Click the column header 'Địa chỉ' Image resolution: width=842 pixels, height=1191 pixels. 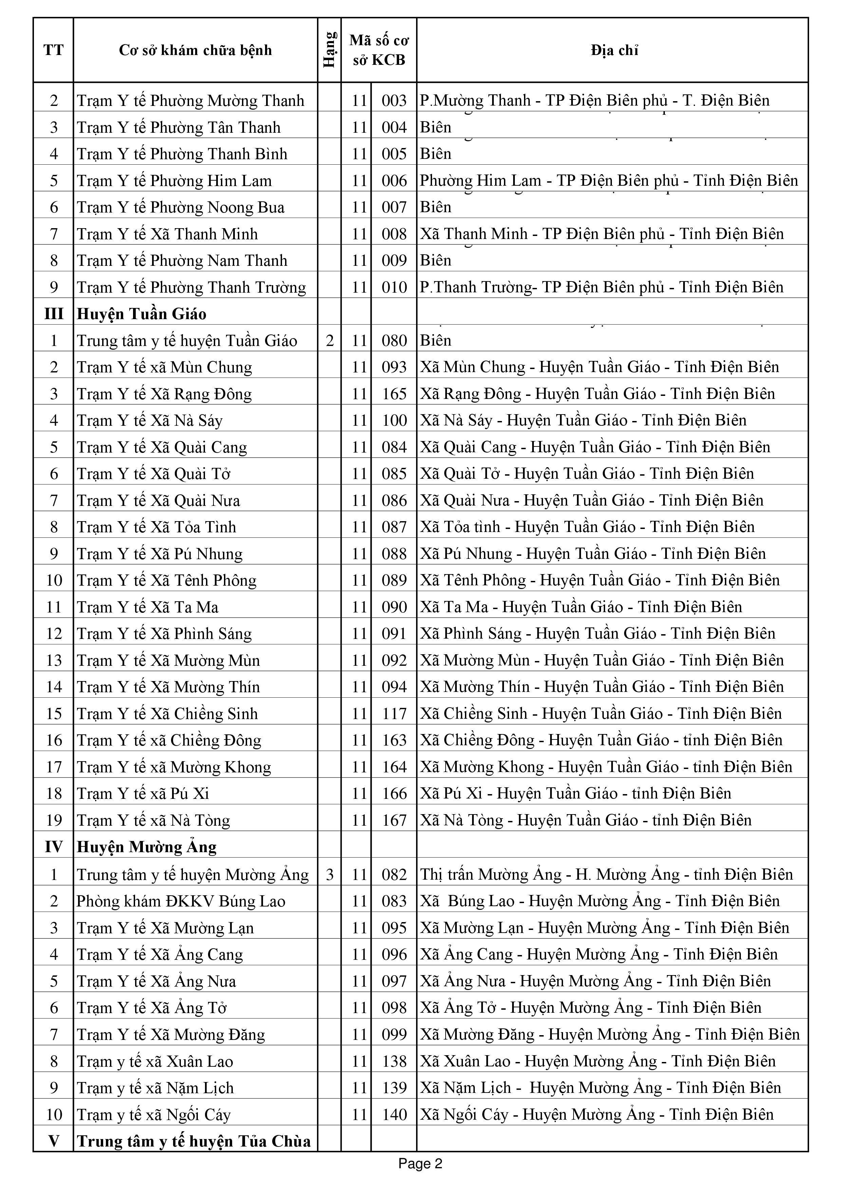(x=614, y=50)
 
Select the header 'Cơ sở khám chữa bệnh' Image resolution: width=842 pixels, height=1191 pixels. (x=195, y=50)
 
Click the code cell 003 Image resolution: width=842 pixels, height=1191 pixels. (x=394, y=100)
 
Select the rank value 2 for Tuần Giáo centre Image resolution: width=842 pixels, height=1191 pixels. (x=330, y=341)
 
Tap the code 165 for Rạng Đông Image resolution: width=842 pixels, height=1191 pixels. (x=394, y=394)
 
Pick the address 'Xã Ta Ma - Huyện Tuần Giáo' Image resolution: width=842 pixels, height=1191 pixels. (x=581, y=607)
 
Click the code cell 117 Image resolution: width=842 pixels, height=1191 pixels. (x=394, y=714)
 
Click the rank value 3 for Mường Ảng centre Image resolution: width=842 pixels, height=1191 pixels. (x=330, y=875)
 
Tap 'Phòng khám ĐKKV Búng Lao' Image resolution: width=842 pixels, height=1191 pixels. (x=181, y=901)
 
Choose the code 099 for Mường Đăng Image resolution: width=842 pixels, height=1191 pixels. (x=394, y=1035)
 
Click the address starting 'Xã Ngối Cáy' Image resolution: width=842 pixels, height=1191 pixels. (x=596, y=1115)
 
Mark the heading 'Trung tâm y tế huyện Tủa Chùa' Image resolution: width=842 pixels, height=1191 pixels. (x=194, y=1141)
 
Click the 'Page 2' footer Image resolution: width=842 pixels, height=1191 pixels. (x=420, y=1163)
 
